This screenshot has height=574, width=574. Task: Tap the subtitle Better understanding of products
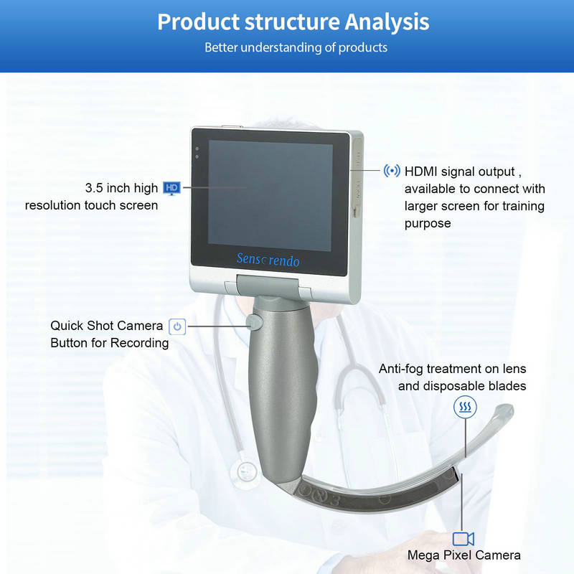pos(296,47)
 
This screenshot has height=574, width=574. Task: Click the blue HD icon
pos(171,188)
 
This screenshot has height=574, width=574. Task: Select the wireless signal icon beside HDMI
pos(392,171)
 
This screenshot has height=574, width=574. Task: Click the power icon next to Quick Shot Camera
pos(177,326)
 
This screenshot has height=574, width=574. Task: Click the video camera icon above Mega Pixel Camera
pos(464,538)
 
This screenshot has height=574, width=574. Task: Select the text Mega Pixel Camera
pos(464,555)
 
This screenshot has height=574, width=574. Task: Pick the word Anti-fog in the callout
pos(400,369)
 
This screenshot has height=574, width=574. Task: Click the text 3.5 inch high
pos(121,188)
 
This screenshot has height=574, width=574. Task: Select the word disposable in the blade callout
pos(453,386)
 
